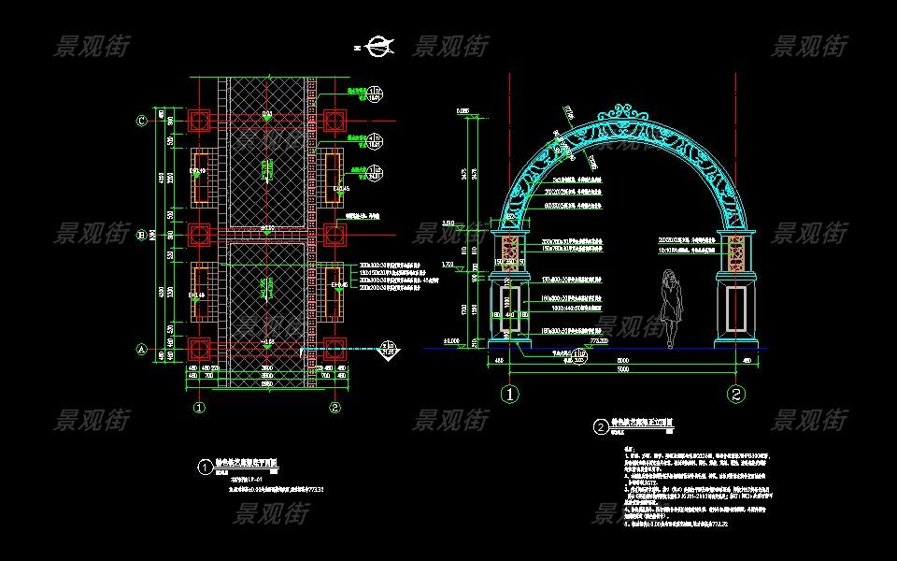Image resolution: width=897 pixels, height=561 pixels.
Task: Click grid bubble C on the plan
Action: [x=142, y=121]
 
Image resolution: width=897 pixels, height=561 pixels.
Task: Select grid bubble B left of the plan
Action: [x=142, y=235]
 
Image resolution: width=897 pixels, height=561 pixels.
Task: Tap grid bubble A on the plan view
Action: [x=142, y=350]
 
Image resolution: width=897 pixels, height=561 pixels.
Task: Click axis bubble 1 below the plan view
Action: [x=199, y=408]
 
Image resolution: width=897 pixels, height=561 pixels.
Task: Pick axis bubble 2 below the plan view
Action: [x=335, y=408]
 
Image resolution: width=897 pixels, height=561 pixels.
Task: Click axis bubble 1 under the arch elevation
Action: [x=510, y=394]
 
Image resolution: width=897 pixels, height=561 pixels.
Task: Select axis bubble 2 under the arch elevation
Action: [x=737, y=394]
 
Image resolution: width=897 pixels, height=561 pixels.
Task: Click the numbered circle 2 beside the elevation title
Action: [x=601, y=427]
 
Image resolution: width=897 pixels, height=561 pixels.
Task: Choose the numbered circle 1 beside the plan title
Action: [x=205, y=465]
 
